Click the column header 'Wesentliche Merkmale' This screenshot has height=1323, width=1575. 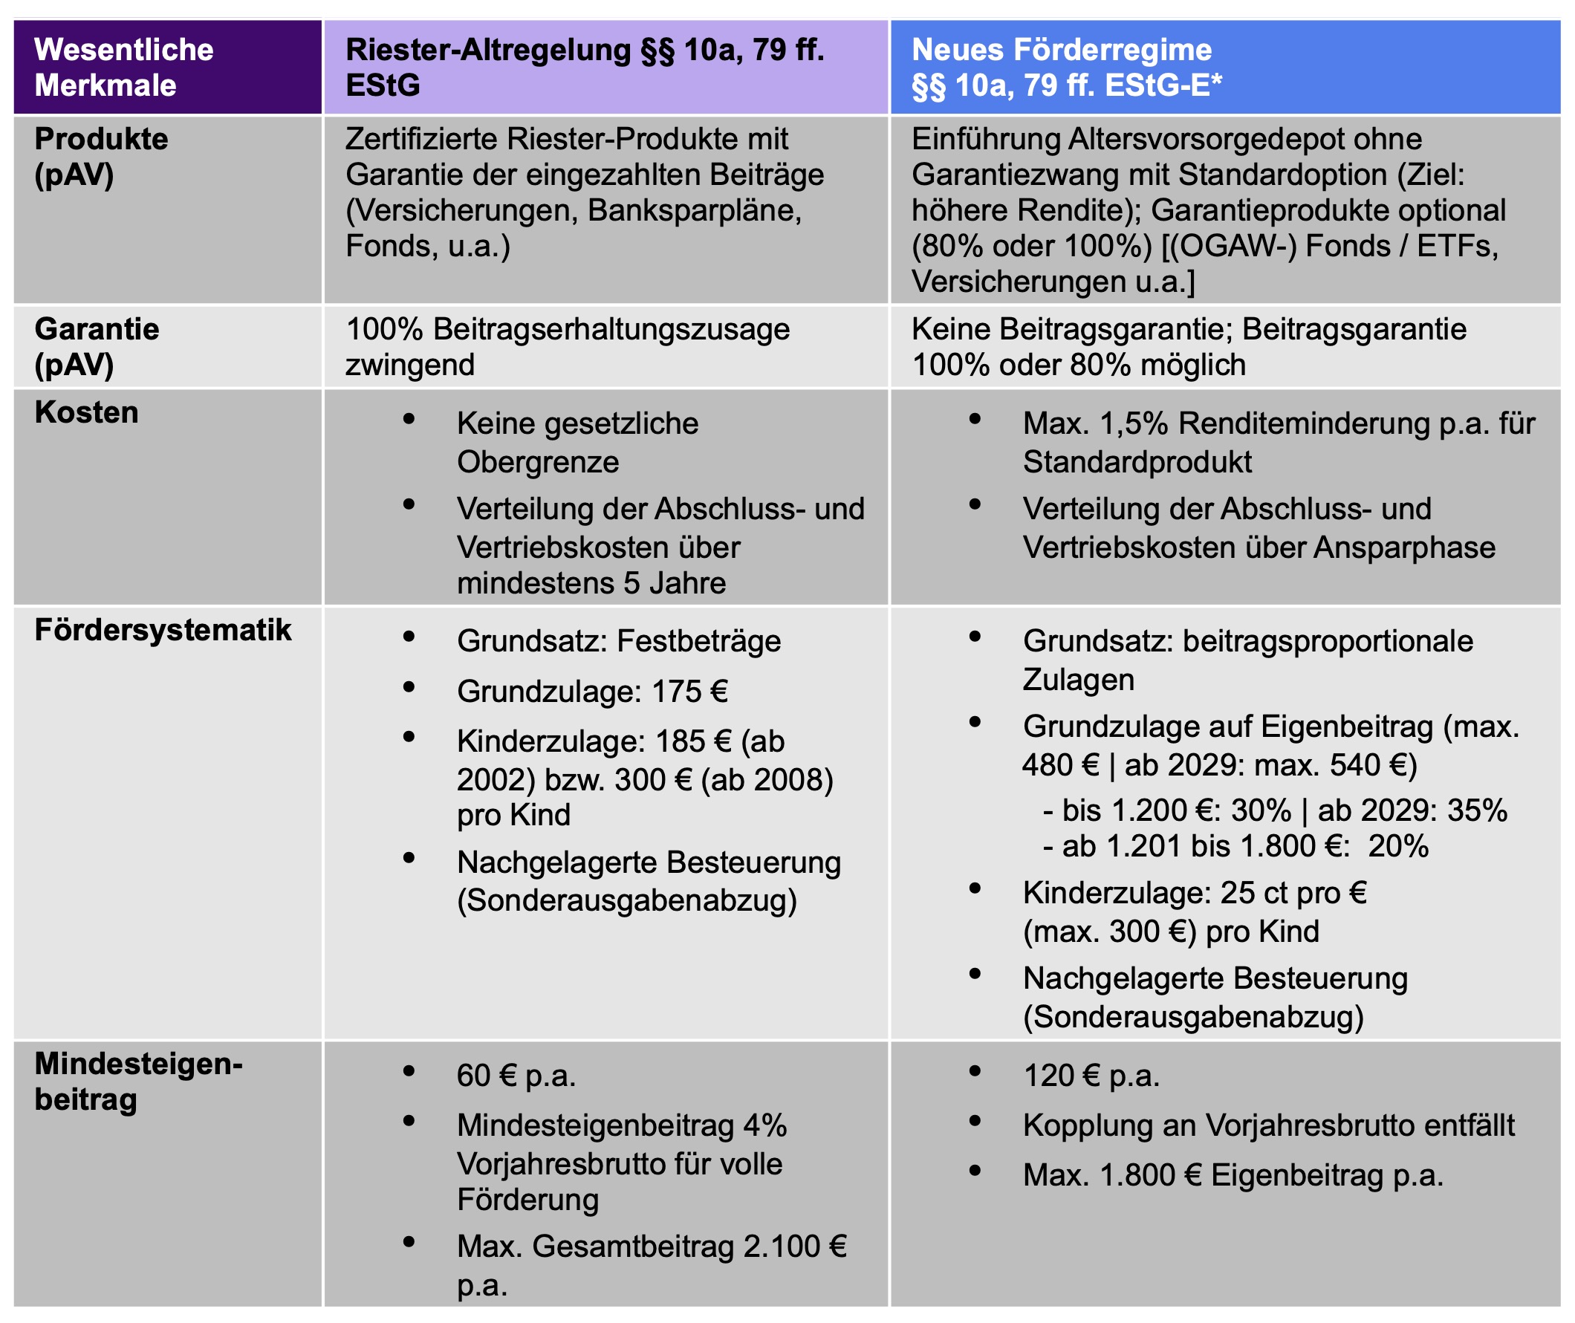(124, 68)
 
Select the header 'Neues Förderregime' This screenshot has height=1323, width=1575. (1061, 51)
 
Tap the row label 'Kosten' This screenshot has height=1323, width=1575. (86, 412)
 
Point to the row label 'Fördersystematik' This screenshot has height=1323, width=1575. (163, 630)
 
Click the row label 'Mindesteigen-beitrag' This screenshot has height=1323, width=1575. (138, 1082)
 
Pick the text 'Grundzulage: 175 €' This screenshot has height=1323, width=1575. (592, 692)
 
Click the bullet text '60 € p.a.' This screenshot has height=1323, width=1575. (516, 1076)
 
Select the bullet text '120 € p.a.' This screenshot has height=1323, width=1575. (1091, 1076)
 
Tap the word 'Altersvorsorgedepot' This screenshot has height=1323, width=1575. (1245, 140)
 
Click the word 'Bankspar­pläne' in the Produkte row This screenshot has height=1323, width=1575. (695, 211)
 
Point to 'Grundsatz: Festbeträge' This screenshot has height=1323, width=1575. (619, 641)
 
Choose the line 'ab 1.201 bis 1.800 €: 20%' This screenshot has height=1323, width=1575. (1235, 846)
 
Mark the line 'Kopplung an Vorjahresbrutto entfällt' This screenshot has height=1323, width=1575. (1268, 1125)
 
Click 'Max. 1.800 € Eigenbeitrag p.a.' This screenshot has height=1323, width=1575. (1233, 1175)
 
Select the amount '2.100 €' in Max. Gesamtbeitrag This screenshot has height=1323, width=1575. (794, 1246)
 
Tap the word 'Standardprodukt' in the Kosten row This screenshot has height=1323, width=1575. (1137, 462)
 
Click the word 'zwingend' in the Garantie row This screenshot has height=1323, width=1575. (409, 365)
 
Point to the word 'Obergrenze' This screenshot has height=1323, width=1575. (538, 462)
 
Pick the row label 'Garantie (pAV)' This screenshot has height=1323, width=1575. (96, 346)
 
